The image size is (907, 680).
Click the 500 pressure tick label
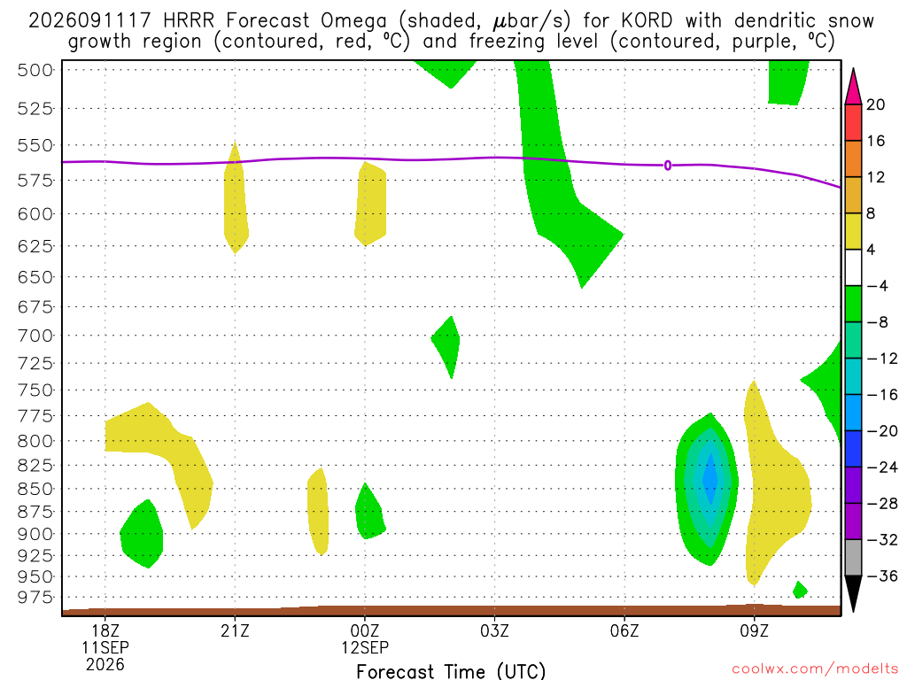click(x=35, y=71)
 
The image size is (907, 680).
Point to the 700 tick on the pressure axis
click(x=35, y=336)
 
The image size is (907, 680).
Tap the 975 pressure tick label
click(x=35, y=598)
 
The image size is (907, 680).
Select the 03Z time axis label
click(x=494, y=630)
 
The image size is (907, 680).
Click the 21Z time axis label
click(x=235, y=630)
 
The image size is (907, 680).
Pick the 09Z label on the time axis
click(x=755, y=630)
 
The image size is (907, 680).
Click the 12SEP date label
click(x=365, y=647)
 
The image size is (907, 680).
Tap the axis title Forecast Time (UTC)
click(x=451, y=671)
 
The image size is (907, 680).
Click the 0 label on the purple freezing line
click(x=668, y=166)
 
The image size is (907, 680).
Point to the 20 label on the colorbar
click(x=876, y=104)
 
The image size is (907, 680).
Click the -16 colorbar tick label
click(x=882, y=395)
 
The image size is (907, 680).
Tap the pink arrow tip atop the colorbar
click(x=853, y=69)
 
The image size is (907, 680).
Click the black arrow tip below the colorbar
click(x=853, y=611)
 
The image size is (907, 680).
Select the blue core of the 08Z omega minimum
click(x=710, y=479)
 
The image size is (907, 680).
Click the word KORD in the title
click(x=647, y=21)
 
